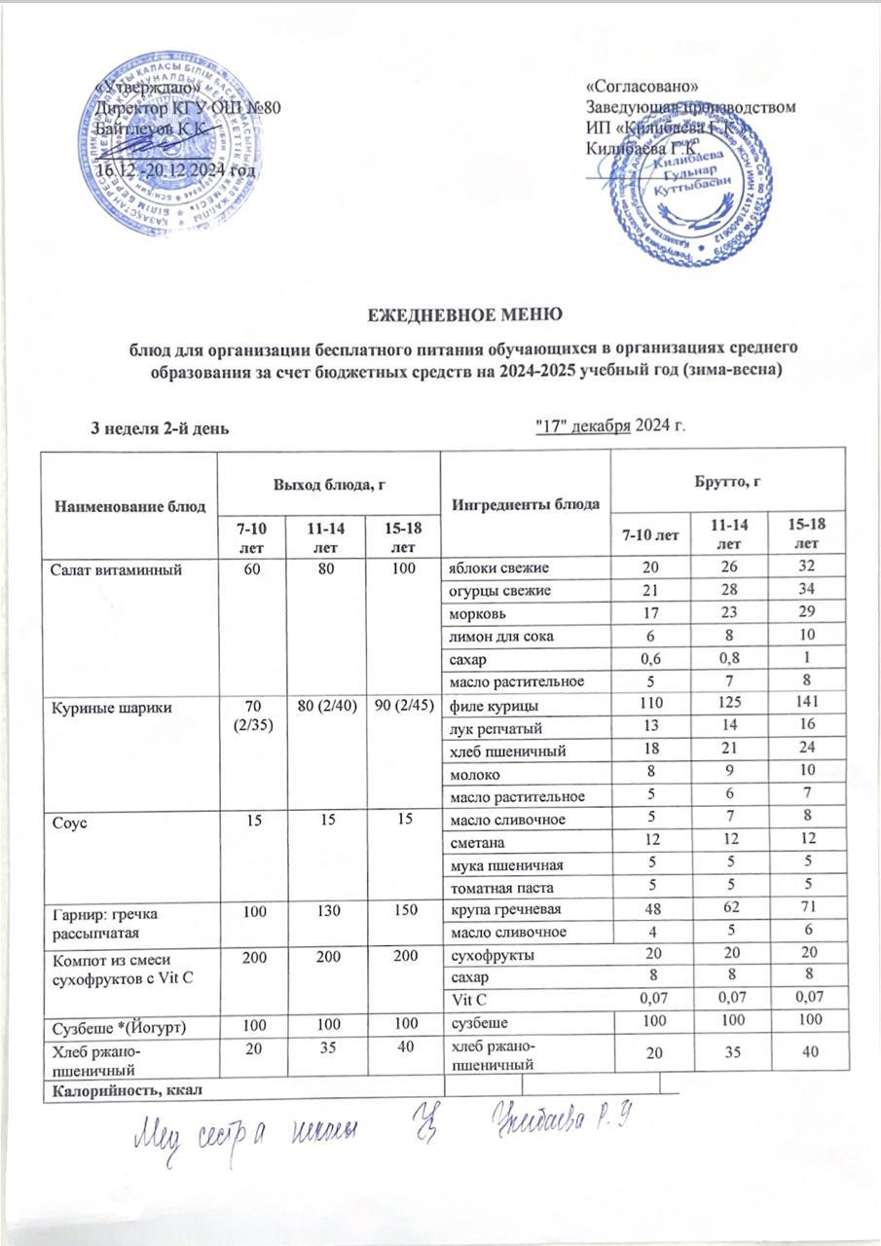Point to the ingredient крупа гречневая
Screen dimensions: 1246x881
[498, 908]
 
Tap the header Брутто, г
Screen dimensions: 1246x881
[727, 480]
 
